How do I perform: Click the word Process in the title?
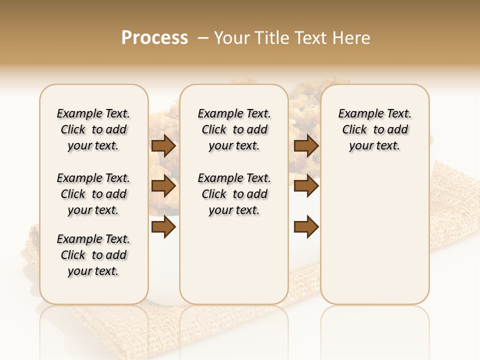click(x=154, y=38)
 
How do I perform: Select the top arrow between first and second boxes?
click(x=163, y=146)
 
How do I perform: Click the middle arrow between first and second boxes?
click(x=163, y=186)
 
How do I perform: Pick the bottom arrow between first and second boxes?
click(x=163, y=226)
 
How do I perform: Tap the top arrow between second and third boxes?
click(x=306, y=146)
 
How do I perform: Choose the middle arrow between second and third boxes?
click(x=306, y=186)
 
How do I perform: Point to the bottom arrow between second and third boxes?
click(x=306, y=226)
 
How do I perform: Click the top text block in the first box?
click(x=93, y=129)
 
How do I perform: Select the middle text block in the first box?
click(x=93, y=194)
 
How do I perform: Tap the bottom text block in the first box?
click(x=93, y=255)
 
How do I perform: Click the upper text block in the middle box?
click(x=234, y=129)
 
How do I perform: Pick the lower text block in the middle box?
click(x=234, y=194)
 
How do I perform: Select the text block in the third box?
click(x=375, y=129)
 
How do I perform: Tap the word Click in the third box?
click(x=354, y=130)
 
